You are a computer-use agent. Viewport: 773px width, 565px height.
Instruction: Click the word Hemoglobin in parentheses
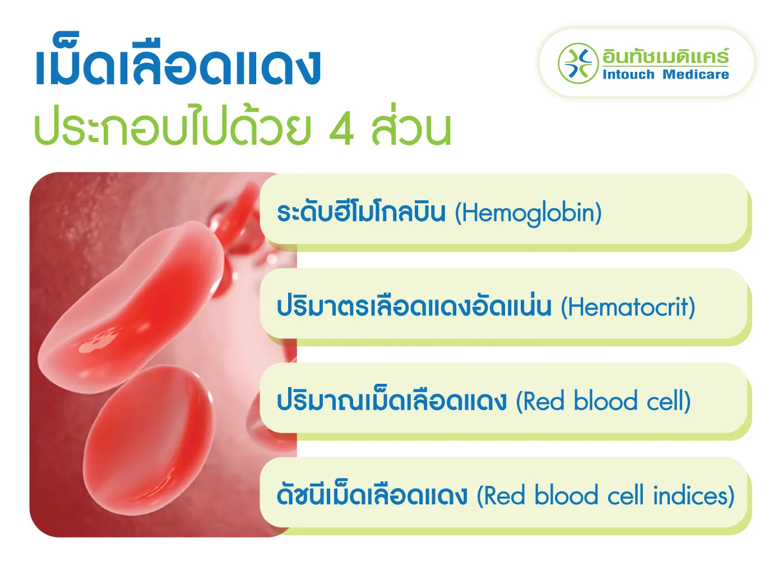pos(528,213)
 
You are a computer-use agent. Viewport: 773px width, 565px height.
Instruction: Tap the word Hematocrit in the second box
pos(628,307)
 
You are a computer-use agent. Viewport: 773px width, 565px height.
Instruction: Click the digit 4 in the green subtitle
pos(341,130)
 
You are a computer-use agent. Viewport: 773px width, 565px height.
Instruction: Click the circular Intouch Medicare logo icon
pos(577,63)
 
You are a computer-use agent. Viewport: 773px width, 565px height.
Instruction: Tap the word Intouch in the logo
pos(628,75)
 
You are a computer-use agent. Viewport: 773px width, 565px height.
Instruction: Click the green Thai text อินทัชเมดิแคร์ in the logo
pos(665,57)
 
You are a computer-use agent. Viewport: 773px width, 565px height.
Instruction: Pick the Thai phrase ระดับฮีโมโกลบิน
pos(361,213)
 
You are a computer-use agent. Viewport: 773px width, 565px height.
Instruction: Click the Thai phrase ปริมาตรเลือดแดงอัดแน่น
pos(414,307)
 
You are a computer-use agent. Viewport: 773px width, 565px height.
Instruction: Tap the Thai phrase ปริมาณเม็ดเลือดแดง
pos(392,401)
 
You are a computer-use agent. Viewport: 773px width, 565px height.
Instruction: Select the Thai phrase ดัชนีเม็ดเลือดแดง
pos(372,495)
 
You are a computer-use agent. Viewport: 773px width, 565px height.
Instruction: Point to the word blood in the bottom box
pos(566,496)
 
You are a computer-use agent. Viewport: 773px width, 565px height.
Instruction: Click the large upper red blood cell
pos(135,303)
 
